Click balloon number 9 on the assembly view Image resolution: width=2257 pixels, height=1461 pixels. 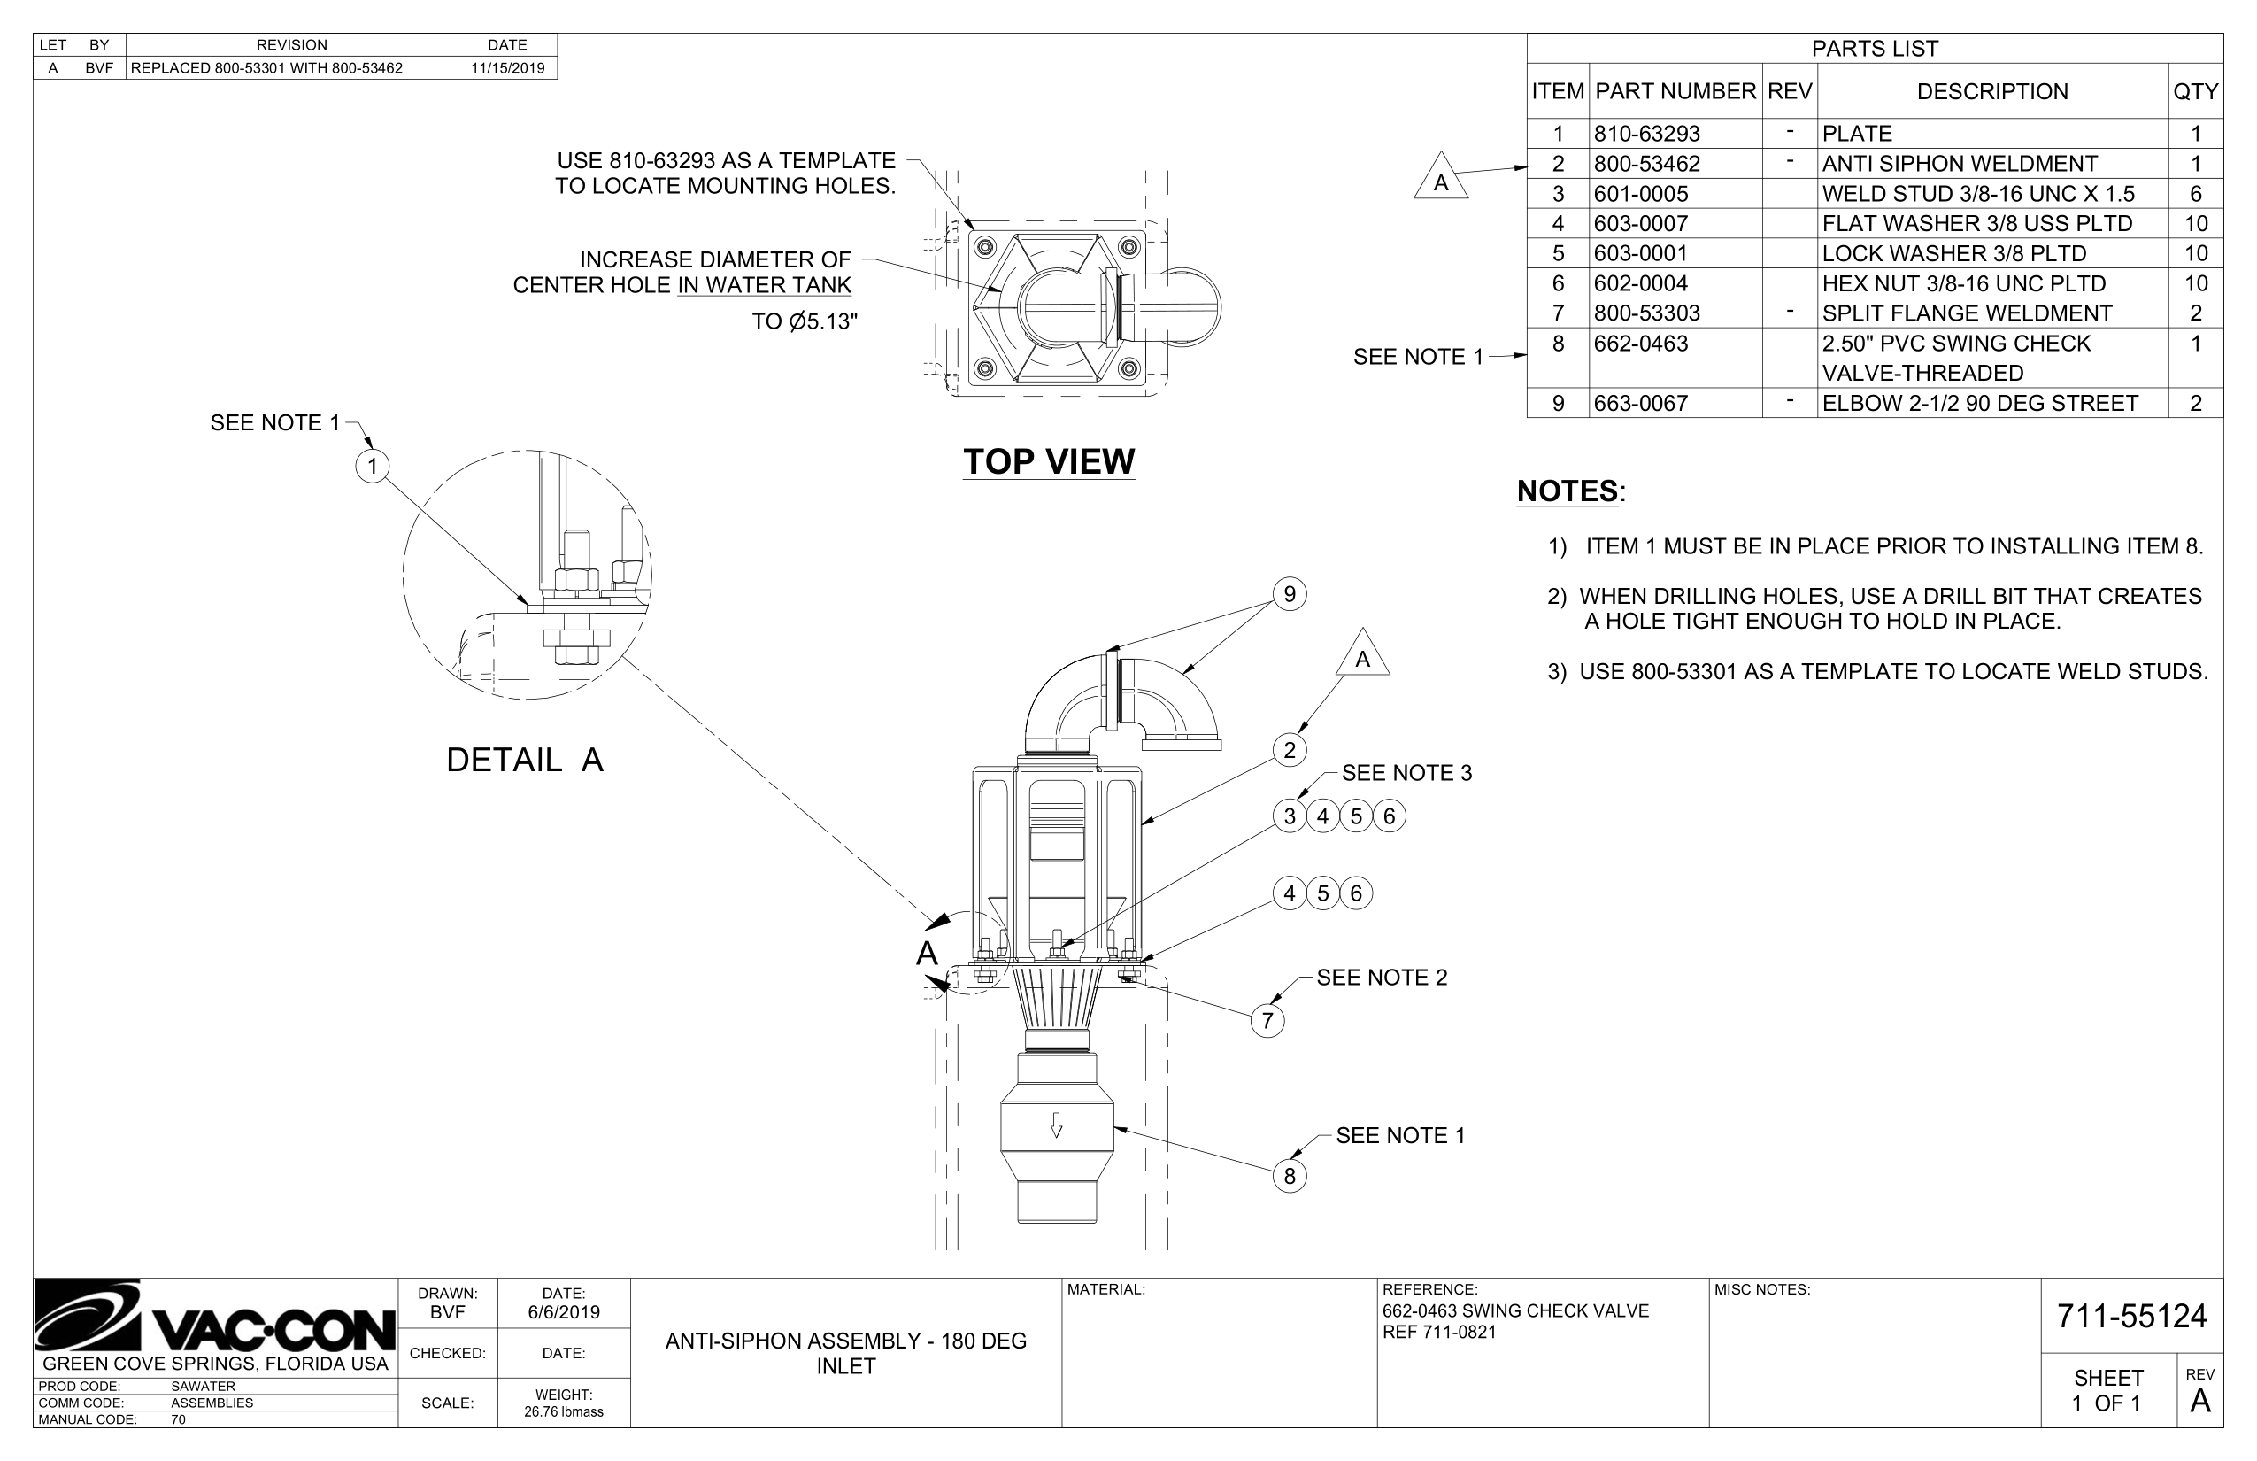1289,595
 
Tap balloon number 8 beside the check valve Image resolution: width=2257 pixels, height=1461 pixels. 1289,1177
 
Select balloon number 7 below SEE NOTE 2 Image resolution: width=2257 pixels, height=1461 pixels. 1267,1021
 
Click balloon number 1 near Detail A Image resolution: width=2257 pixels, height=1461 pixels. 373,466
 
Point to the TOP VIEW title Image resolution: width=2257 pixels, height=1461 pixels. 1048,461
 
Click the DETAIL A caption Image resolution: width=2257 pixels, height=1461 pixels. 524,760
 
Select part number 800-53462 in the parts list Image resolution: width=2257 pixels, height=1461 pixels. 1646,163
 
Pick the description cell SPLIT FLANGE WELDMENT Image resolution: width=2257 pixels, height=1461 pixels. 1967,313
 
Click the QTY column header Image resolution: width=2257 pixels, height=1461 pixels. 2194,92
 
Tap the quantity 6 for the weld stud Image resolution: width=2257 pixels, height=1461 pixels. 2194,194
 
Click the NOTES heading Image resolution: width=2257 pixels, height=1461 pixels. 1567,491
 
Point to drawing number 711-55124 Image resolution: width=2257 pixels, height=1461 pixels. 2131,1316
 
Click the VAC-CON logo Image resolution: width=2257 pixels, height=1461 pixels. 214,1318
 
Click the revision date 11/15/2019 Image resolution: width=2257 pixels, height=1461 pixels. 507,68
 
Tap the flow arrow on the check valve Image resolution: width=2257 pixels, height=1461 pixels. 1057,1125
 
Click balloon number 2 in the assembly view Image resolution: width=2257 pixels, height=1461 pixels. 1289,751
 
